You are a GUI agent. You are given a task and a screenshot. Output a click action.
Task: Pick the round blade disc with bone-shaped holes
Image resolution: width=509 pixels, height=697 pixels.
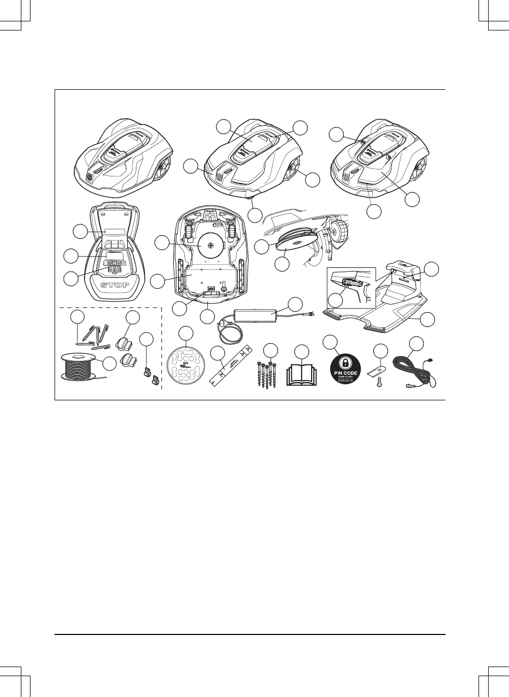[186, 365]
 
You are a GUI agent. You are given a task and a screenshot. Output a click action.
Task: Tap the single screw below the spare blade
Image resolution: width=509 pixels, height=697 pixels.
[380, 383]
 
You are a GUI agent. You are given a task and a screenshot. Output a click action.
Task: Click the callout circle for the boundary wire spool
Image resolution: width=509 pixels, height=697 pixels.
[110, 364]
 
